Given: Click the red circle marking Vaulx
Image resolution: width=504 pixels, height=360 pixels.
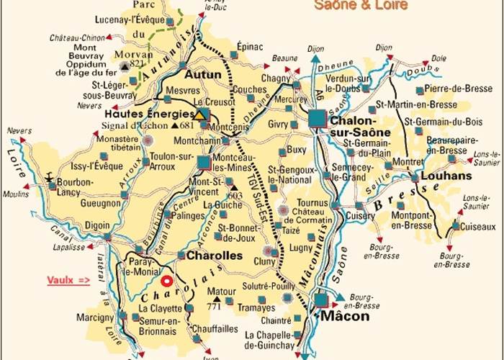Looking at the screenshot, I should point(167,282).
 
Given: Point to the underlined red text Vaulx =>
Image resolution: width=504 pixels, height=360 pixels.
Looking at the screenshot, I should point(68,279).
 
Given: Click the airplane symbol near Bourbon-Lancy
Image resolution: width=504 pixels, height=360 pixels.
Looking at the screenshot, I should point(52,176).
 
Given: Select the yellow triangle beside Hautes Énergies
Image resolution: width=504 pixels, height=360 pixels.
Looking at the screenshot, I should point(200,114).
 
